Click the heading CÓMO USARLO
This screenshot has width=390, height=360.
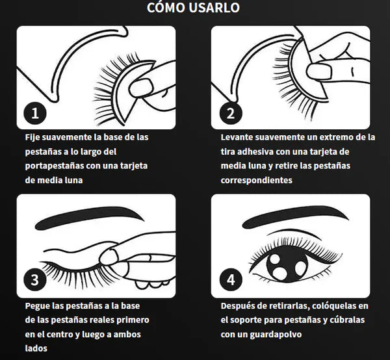pos(193,7)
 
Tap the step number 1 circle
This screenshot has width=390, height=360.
pos(35,113)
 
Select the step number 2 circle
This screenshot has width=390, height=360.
pos(231,113)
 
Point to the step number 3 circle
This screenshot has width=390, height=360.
pos(35,279)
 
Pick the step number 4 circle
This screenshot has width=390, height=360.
pos(231,279)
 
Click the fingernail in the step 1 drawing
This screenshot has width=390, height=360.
pos(141,87)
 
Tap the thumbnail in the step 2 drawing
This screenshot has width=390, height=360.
pos(319,71)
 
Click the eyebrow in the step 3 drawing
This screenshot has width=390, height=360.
pos(90,217)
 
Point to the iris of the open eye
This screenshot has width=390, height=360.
pos(287,266)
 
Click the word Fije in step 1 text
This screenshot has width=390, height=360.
pos(32,138)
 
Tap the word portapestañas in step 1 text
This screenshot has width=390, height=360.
pos(55,166)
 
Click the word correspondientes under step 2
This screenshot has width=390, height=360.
pos(257,180)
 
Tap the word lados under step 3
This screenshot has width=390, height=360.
pos(36,348)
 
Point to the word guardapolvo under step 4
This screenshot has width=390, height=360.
pos(276,335)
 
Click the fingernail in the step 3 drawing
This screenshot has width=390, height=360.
pos(109,257)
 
